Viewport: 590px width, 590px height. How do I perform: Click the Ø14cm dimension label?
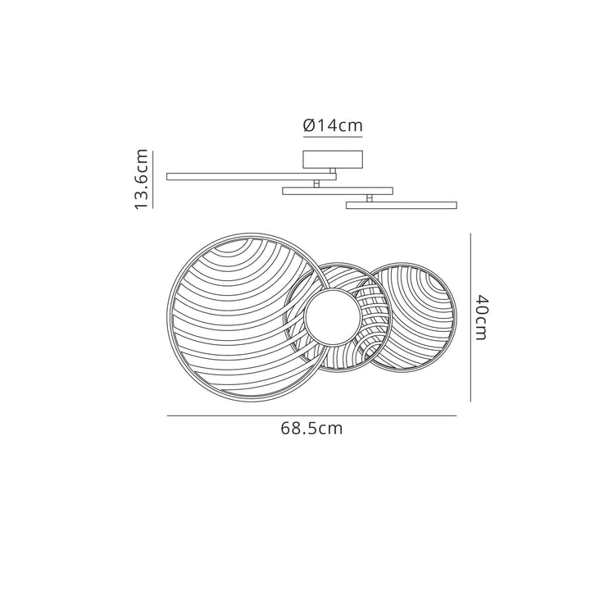(333, 125)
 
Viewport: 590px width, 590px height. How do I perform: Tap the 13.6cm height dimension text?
(142, 179)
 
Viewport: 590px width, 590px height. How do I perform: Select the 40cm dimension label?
(481, 317)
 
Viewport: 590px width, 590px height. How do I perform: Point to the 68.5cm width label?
(311, 429)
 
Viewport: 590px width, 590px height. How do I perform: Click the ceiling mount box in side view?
(333, 159)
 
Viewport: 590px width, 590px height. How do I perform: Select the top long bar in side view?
(252, 176)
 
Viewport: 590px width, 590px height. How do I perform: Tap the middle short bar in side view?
(338, 191)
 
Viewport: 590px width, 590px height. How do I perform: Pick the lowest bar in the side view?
(402, 205)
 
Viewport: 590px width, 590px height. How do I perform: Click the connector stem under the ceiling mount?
(332, 170)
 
